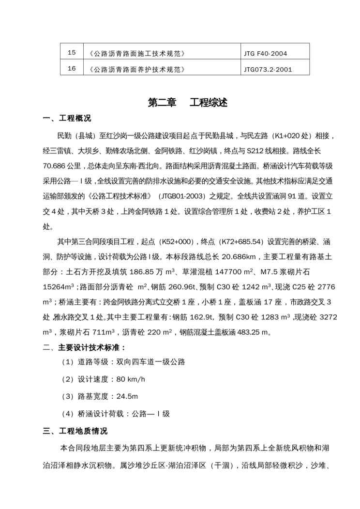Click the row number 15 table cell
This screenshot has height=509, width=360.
coord(72,52)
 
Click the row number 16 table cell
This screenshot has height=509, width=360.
coord(72,69)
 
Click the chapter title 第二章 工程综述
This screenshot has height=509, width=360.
coord(180,103)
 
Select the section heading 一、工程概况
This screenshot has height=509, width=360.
coord(67,119)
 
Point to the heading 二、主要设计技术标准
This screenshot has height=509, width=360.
coord(85,347)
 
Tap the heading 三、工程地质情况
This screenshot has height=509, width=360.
coord(75,431)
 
